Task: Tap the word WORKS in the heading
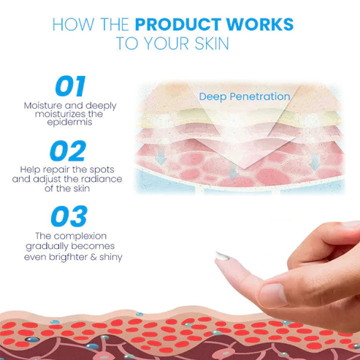(261, 25)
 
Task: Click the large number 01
(69, 87)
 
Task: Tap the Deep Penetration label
(244, 96)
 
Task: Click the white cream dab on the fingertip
(223, 256)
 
